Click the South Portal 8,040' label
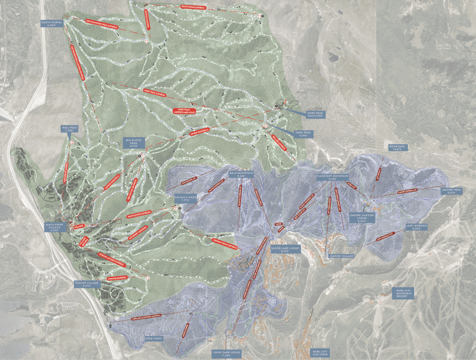point(52,24)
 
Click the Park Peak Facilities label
point(316,114)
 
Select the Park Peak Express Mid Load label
point(184,111)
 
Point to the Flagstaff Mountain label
point(332,177)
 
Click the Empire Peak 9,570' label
point(451,191)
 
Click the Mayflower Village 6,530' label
point(56,227)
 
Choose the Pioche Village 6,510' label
point(88,284)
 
